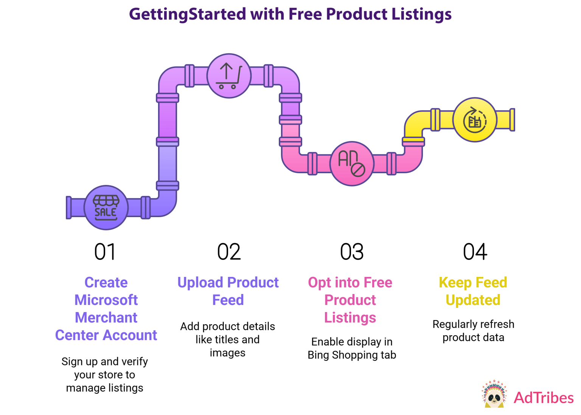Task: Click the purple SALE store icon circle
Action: pos(106,207)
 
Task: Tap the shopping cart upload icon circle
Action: pos(229,76)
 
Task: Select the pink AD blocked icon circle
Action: pos(352,163)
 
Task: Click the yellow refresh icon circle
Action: pos(475,120)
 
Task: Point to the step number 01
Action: pos(105,252)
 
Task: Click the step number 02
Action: pos(228,252)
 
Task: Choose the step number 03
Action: pos(352,252)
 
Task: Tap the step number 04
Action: pos(475,252)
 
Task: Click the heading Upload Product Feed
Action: pos(228,291)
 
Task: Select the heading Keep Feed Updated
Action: pos(473,291)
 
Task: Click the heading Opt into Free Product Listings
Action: pos(350,300)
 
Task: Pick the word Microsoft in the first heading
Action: pos(106,300)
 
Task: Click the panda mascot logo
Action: pos(494,394)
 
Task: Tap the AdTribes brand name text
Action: pos(544,398)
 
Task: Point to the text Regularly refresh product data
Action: pos(473,331)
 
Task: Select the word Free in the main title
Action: pos(305,14)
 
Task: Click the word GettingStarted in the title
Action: pos(188,14)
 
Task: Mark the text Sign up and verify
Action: pos(105,362)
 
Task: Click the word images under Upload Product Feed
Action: pos(228,353)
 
